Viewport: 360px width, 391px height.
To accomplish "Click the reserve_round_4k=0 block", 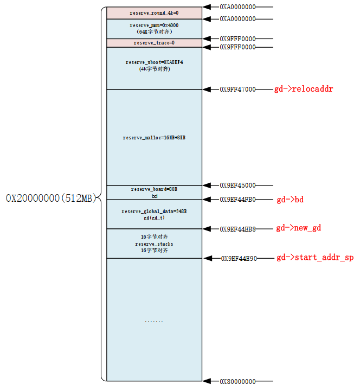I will [154, 12].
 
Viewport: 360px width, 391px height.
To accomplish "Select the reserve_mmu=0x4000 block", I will [154, 28].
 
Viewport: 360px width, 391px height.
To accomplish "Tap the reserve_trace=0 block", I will [154, 43].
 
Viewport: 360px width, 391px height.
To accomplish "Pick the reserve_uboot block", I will [154, 66].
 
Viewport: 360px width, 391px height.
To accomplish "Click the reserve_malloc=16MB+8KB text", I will [154, 138].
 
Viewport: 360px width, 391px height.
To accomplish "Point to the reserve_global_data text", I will [154, 211].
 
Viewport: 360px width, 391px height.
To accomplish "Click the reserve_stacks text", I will [154, 244].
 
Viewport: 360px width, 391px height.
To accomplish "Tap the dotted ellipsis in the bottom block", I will [154, 321].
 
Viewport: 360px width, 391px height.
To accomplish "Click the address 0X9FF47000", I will [237, 89].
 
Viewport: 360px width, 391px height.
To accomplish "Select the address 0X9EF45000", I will [237, 185].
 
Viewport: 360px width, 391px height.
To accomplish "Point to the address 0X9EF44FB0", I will [237, 200].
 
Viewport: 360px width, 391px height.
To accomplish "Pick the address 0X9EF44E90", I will [239, 259].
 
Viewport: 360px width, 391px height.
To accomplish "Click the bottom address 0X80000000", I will [237, 381].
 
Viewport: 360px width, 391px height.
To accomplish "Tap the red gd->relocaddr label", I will [304, 89].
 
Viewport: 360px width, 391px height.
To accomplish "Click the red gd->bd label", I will [290, 200].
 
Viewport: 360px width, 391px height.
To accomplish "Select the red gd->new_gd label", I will [299, 228].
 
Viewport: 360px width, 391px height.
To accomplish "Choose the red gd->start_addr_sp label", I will [315, 258].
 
